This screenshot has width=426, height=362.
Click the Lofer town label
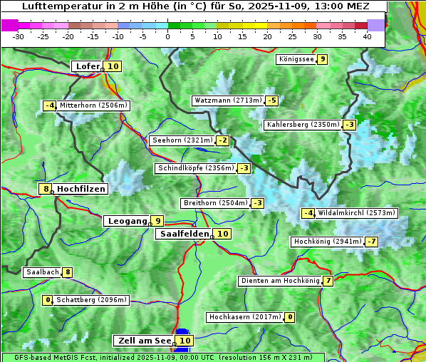87,66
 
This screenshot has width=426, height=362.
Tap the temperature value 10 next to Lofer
113,66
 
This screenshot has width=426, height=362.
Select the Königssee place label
296,59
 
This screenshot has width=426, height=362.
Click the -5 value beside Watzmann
271,100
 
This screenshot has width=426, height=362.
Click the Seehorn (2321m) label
182,140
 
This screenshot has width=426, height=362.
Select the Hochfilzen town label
81,189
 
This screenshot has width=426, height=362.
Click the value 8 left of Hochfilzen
46,189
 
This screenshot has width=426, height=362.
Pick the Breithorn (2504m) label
214,203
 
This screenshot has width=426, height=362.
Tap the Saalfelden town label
184,234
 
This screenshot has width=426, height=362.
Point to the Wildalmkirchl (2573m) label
356,213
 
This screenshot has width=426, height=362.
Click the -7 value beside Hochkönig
372,242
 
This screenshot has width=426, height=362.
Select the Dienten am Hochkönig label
279,281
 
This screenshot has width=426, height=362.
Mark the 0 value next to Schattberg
48,300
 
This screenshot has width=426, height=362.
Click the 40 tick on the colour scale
367,36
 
